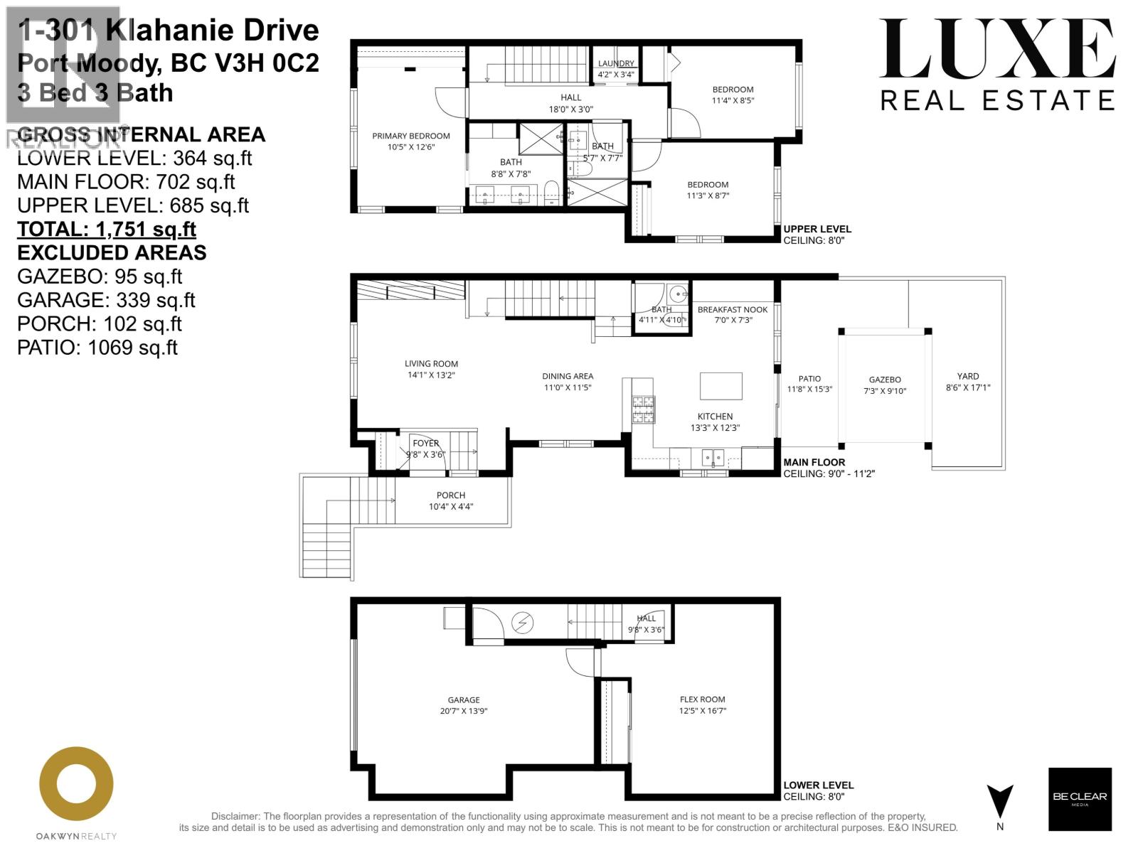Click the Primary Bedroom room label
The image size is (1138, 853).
click(x=411, y=136)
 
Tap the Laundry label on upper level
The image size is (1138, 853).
click(x=616, y=64)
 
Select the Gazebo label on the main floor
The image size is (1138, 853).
click(x=885, y=380)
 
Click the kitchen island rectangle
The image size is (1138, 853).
click(x=720, y=386)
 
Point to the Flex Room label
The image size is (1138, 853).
click(x=702, y=699)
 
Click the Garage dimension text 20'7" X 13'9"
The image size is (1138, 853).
click(x=464, y=711)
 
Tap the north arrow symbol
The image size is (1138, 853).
click(x=1000, y=801)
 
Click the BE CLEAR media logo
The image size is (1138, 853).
click(x=1079, y=798)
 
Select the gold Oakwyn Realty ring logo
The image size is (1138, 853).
click(x=76, y=783)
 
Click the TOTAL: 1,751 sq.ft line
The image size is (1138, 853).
click(x=107, y=229)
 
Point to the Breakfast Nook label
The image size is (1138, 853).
click(x=733, y=309)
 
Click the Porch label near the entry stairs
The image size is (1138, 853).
click(x=451, y=495)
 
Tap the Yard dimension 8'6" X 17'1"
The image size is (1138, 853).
click(x=967, y=387)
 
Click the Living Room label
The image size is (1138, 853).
click(x=431, y=363)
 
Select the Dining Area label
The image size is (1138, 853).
click(x=567, y=376)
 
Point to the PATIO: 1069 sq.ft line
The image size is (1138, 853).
click(x=97, y=347)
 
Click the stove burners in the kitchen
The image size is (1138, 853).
click(x=643, y=409)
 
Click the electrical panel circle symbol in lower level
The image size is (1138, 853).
click(x=523, y=623)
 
